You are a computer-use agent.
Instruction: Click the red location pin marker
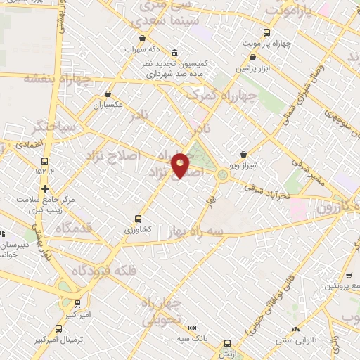pos(181,165)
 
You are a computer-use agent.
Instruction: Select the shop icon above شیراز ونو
pos(243,155)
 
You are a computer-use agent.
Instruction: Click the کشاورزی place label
pos(138,229)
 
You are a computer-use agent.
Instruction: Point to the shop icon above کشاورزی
pos(138,218)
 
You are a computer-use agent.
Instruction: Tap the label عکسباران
pos(108,104)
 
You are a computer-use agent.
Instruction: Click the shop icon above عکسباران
pos(108,93)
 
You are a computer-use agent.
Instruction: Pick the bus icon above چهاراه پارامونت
pos(266,32)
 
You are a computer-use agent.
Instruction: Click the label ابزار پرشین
pos(252,68)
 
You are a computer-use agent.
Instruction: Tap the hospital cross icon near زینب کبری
pos(45,188)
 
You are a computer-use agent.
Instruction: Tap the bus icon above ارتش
pos(226,344)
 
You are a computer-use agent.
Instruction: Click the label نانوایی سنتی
pos(296,340)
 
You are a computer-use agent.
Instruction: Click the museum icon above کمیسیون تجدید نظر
pos(174,54)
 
